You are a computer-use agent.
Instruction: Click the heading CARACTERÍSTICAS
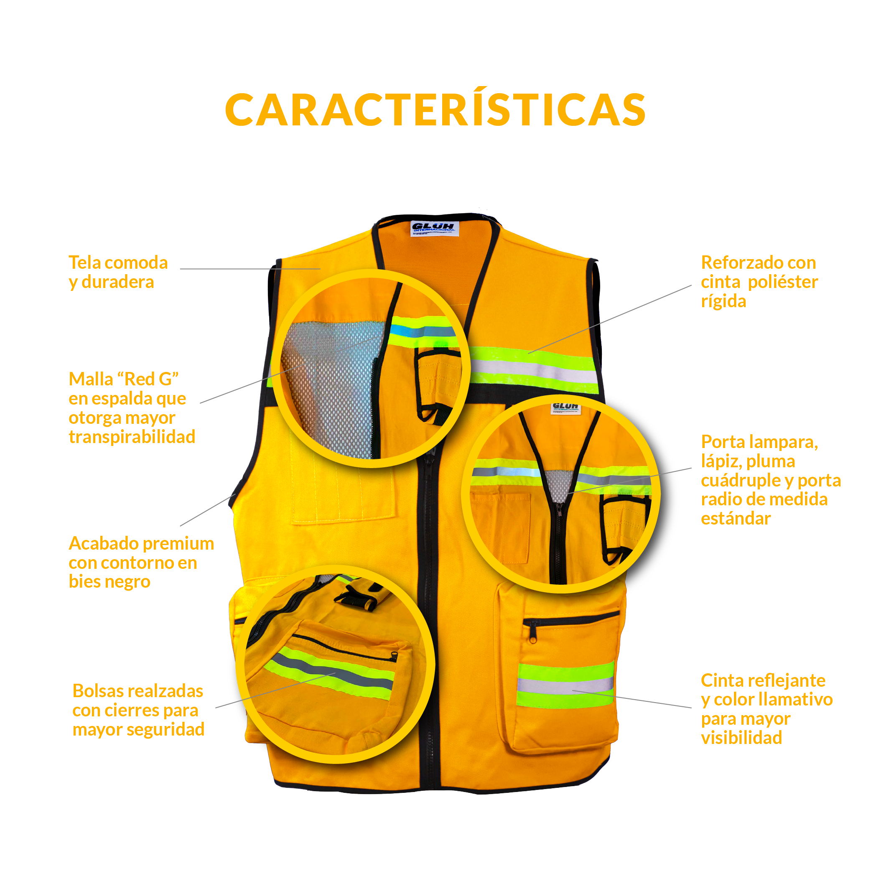(x=435, y=110)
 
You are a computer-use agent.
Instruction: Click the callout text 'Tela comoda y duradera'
(x=118, y=272)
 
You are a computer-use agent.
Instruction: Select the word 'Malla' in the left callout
(x=91, y=379)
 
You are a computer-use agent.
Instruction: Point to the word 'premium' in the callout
(x=180, y=543)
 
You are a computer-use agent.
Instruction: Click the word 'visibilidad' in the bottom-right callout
(x=741, y=738)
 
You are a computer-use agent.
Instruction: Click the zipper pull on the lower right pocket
(x=533, y=638)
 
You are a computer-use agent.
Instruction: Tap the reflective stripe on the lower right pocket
(x=565, y=685)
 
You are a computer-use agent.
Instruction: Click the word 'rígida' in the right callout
(x=723, y=301)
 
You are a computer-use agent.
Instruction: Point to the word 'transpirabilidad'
(x=132, y=437)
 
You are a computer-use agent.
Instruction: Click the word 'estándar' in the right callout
(x=735, y=518)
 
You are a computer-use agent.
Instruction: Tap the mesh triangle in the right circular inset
(x=558, y=485)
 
